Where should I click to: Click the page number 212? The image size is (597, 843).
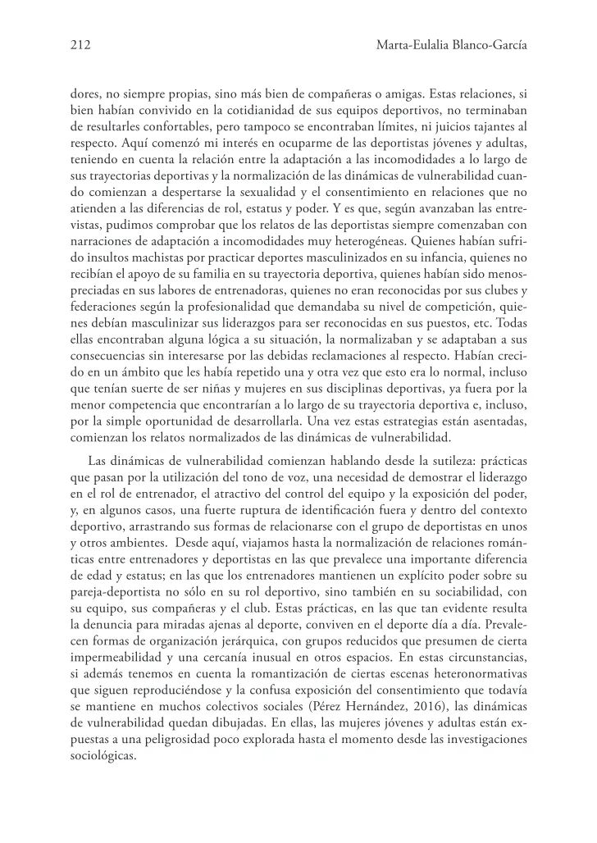[x=80, y=46]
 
